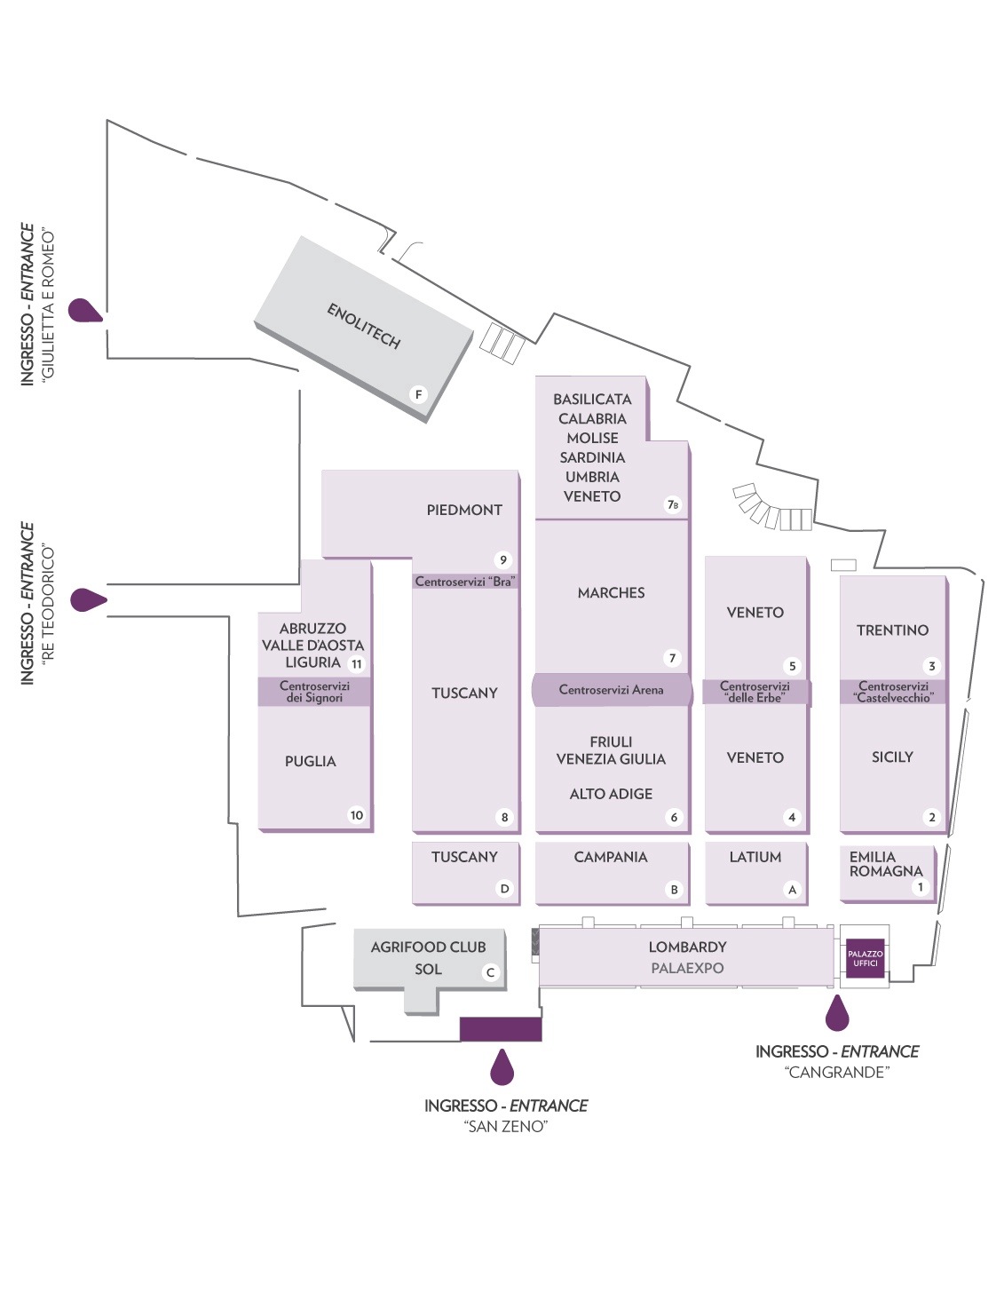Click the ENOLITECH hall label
tap(364, 326)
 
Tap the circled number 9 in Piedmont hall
tap(503, 559)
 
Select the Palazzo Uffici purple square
tap(865, 958)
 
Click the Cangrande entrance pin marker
tap(837, 1013)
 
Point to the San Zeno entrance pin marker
tap(502, 1067)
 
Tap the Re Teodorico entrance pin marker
tap(88, 599)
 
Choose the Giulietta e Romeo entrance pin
tap(85, 310)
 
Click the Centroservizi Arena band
tap(611, 690)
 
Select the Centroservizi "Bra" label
tap(465, 582)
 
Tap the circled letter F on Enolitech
tap(418, 394)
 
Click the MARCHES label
tap(611, 592)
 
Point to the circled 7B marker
tap(673, 504)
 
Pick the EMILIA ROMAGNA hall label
tap(885, 864)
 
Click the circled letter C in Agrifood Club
tap(490, 972)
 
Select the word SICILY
tap(892, 757)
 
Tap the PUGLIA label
tap(310, 761)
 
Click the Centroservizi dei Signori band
tap(314, 692)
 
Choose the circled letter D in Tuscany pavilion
tap(504, 888)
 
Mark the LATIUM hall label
tap(755, 857)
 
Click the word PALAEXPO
tap(687, 968)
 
